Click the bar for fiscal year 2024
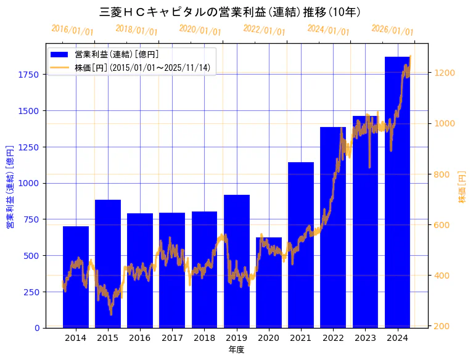coord(397,192)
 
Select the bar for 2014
coord(76,277)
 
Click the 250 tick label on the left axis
coord(32,292)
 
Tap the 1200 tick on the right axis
coord(445,73)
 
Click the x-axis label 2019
coord(237,338)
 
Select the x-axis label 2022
coord(333,338)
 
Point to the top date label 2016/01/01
coord(72,30)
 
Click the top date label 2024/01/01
coord(328,30)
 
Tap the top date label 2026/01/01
coord(392,30)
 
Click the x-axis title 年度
coord(236,349)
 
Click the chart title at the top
coord(230,12)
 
